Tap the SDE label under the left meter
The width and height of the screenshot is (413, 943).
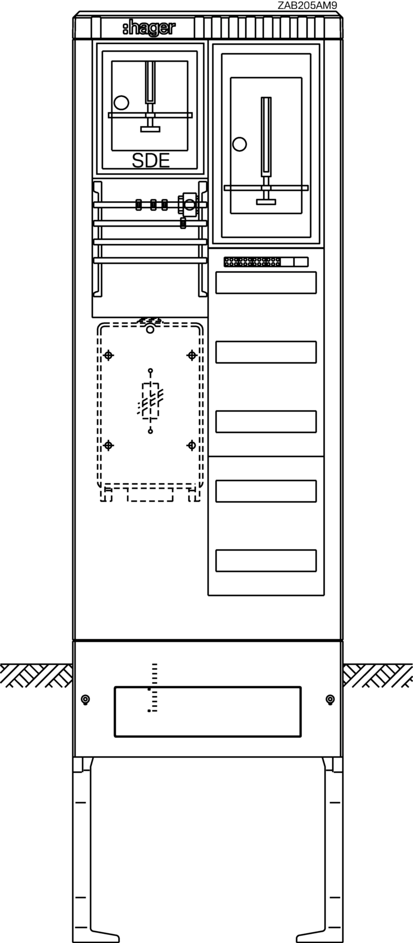[x=151, y=161]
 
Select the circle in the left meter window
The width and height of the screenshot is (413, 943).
[x=121, y=103]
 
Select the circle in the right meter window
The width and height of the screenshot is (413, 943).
[x=239, y=144]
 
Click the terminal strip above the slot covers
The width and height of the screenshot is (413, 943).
[x=266, y=262]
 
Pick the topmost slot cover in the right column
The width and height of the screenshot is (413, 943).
[x=266, y=282]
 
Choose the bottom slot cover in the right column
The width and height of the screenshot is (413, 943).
[x=266, y=561]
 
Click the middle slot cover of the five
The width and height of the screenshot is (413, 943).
[x=266, y=421]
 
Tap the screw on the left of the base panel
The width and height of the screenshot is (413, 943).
[x=86, y=699]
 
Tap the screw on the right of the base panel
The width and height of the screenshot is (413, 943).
[x=330, y=699]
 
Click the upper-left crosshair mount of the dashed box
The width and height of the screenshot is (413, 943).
[x=109, y=355]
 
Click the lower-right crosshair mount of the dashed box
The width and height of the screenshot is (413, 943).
[x=191, y=445]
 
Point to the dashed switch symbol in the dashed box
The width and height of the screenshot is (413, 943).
[x=150, y=401]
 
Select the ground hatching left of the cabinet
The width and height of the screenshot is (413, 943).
[x=36, y=675]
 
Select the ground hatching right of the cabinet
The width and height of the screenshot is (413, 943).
[x=378, y=675]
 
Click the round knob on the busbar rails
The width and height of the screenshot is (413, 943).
[x=189, y=204]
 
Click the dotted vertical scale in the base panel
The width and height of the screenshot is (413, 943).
[x=153, y=688]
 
